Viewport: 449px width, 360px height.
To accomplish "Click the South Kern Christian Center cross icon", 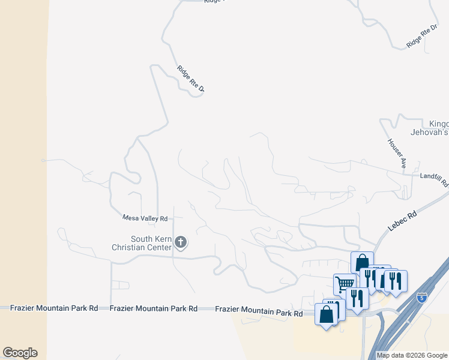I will click(x=181, y=242).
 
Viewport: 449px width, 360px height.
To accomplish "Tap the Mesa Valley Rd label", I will click(x=145, y=218).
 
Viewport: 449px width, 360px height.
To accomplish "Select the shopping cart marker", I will click(x=345, y=283).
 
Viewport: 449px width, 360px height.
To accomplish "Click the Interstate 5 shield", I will click(x=423, y=296).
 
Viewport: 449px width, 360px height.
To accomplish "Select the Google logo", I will click(x=20, y=353).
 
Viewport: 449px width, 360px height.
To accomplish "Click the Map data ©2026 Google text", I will click(x=412, y=355).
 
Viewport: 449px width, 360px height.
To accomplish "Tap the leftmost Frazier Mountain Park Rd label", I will click(x=54, y=308).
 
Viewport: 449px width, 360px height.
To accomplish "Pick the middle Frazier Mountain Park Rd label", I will click(x=154, y=308).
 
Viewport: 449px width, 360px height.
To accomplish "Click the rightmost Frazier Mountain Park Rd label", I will click(x=259, y=312).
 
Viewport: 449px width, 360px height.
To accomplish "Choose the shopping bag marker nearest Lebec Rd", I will click(x=362, y=263).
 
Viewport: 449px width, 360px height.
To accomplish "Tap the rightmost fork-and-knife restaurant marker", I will click(x=396, y=281).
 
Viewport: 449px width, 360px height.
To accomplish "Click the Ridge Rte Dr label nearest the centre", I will click(x=191, y=79).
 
